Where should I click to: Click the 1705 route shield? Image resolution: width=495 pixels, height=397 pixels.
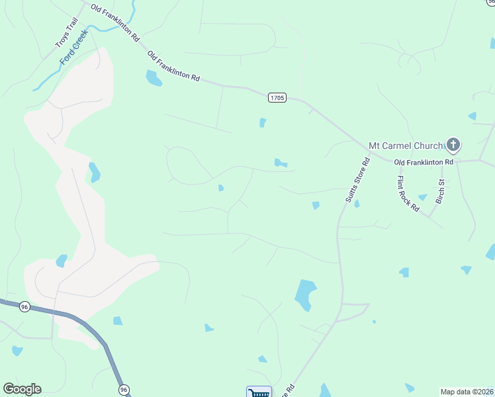tap(277, 98)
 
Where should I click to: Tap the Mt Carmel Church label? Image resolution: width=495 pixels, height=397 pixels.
tap(405, 145)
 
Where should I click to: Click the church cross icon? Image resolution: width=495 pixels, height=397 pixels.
tap(453, 144)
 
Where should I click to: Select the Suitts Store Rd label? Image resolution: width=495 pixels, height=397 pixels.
tap(356, 181)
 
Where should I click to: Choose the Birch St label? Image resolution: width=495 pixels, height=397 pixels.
tap(440, 191)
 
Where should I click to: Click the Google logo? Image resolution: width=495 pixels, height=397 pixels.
tap(22, 389)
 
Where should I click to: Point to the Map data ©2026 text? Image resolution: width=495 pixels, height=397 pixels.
tap(467, 392)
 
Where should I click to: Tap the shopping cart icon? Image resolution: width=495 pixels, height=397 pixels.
tap(259, 392)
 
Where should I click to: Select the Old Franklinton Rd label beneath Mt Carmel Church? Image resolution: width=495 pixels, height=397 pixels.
tap(424, 161)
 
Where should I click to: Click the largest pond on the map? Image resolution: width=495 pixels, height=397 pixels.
tap(305, 294)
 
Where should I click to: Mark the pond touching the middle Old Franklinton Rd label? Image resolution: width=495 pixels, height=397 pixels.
tap(154, 79)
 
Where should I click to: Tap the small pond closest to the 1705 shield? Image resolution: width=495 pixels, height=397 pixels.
tap(263, 122)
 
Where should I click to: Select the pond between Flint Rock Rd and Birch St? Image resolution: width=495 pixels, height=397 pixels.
tap(422, 197)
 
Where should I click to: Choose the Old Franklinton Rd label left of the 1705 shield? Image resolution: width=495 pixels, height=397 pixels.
tap(173, 66)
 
